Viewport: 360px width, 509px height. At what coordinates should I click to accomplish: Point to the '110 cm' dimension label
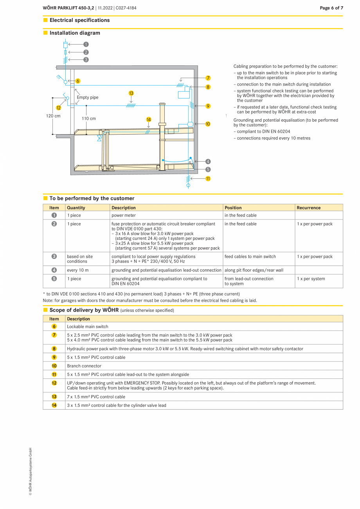(89, 119)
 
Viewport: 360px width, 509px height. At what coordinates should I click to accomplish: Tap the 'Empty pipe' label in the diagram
(88, 97)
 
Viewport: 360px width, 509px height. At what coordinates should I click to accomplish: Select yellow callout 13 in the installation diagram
(131, 93)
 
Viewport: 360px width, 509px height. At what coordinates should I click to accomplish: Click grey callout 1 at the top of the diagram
(86, 45)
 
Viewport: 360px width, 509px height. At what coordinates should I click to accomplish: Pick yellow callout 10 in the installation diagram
(208, 124)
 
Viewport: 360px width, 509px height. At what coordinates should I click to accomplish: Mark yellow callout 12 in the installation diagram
(58, 108)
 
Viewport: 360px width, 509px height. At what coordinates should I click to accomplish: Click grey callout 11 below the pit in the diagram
(208, 179)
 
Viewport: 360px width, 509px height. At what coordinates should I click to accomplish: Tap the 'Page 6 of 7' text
(331, 8)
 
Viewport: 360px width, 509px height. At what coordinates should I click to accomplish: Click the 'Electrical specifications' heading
(79, 20)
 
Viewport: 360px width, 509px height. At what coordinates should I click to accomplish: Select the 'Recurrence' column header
(308, 208)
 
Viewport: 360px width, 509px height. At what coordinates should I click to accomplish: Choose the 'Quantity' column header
(76, 208)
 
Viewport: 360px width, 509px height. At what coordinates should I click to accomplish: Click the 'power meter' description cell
(124, 215)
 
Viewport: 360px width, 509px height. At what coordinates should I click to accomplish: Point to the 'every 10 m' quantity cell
(77, 270)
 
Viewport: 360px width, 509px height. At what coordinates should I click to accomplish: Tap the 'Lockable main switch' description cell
(88, 326)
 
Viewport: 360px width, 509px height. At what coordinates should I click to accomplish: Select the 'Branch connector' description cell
(84, 366)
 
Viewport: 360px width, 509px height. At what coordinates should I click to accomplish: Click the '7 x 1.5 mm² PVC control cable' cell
(96, 397)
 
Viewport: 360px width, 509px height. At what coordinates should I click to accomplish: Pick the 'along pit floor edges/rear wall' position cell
(254, 270)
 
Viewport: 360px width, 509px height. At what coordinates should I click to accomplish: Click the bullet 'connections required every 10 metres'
(274, 138)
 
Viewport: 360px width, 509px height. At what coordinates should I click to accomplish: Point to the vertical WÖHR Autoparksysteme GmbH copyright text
(31, 471)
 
